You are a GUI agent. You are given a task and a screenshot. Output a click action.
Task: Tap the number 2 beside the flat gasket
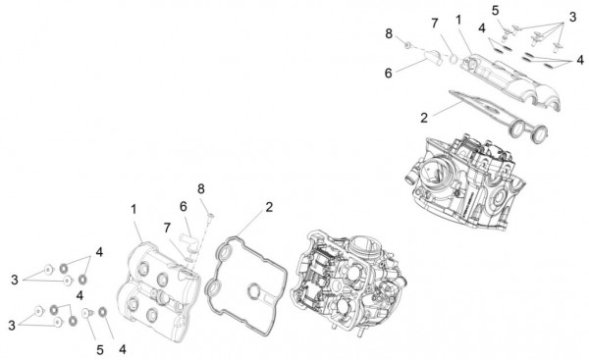pyautogui.click(x=268, y=207)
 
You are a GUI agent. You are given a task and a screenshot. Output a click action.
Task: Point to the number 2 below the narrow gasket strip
pyautogui.click(x=425, y=117)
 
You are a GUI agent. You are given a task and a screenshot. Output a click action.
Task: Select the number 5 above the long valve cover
pyautogui.click(x=496, y=11)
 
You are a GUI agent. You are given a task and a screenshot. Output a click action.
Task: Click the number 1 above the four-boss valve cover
pyautogui.click(x=134, y=210)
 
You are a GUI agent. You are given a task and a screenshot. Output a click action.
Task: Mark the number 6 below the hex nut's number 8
pyautogui.click(x=389, y=74)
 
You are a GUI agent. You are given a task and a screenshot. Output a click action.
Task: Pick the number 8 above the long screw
pyautogui.click(x=200, y=188)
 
